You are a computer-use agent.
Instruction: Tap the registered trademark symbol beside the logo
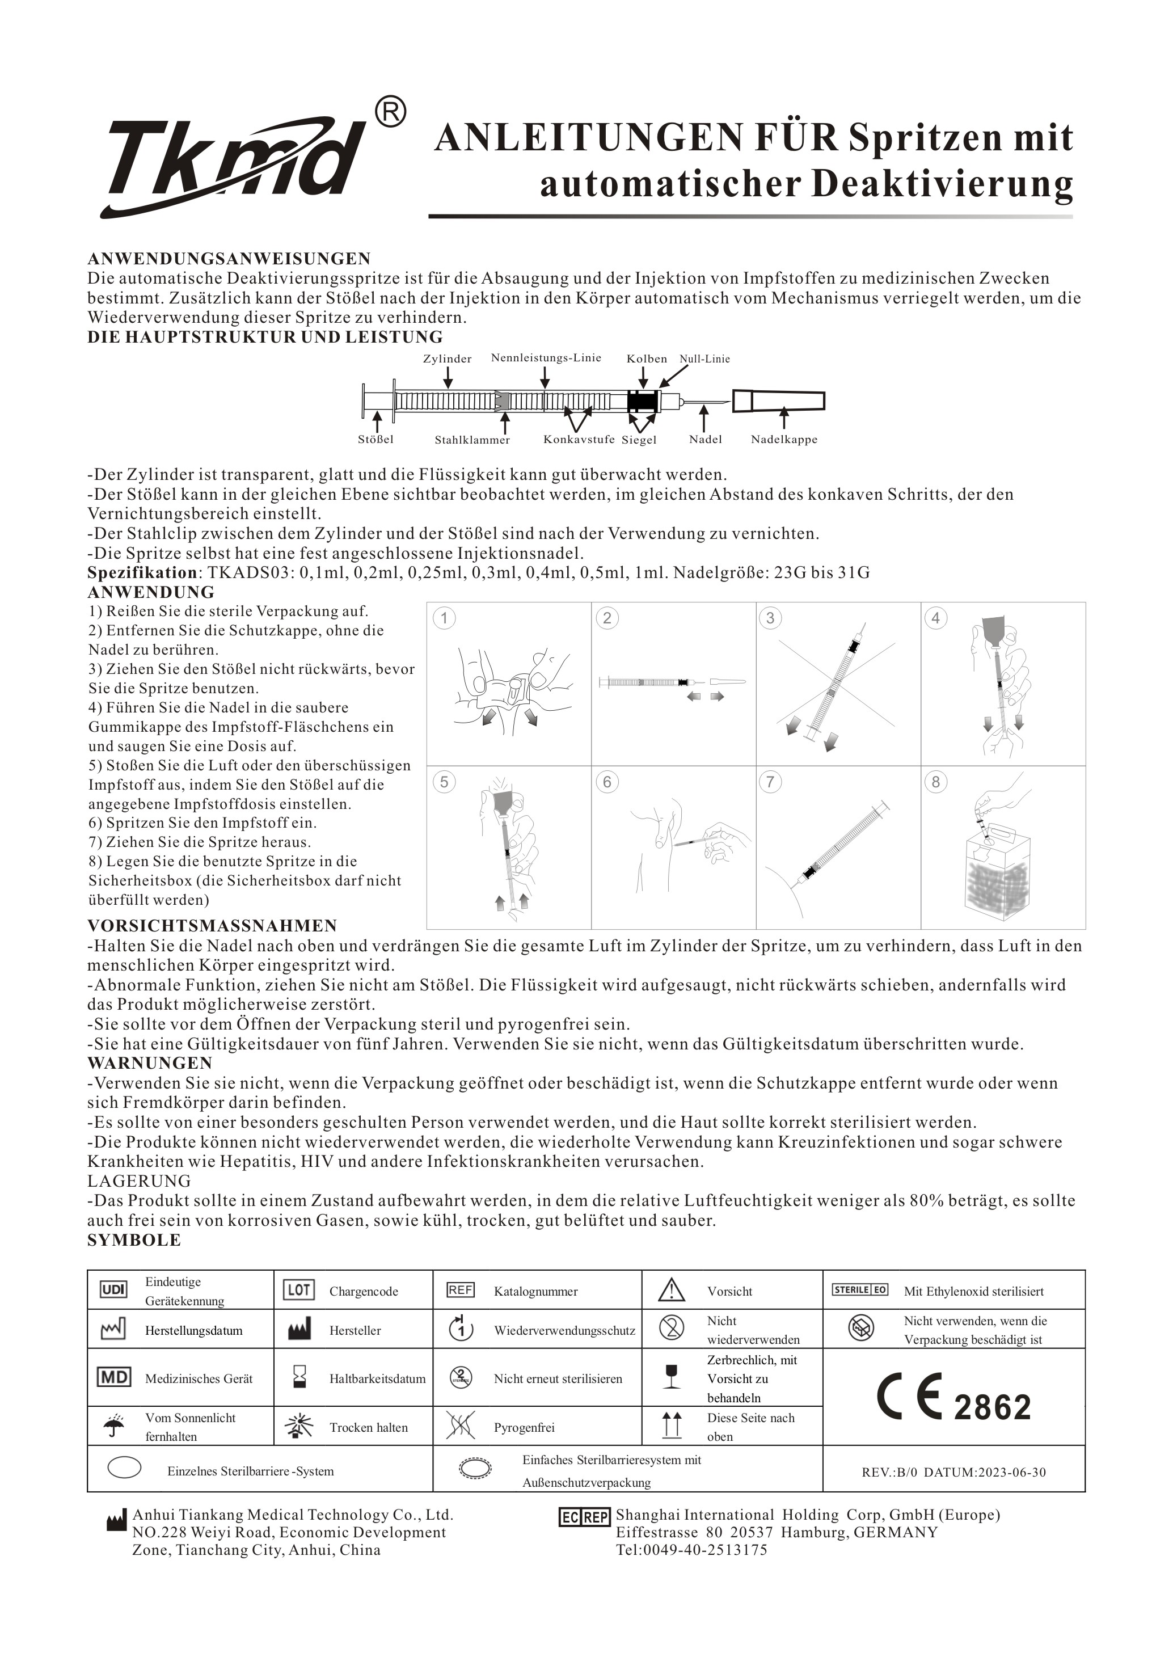tap(391, 112)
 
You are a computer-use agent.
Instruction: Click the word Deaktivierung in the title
tap(942, 185)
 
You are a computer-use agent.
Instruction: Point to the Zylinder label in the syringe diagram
tap(447, 359)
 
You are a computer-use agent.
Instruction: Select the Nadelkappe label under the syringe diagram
tap(784, 439)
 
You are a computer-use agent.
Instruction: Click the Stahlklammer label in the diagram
tap(472, 440)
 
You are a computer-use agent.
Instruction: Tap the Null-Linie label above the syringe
tap(704, 359)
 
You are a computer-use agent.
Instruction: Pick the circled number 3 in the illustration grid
tap(770, 618)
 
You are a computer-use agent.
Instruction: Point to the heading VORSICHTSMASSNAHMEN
tap(212, 926)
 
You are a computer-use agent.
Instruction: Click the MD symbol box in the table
tap(113, 1377)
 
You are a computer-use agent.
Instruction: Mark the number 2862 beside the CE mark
tap(993, 1407)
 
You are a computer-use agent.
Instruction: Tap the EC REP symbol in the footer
tap(584, 1517)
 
